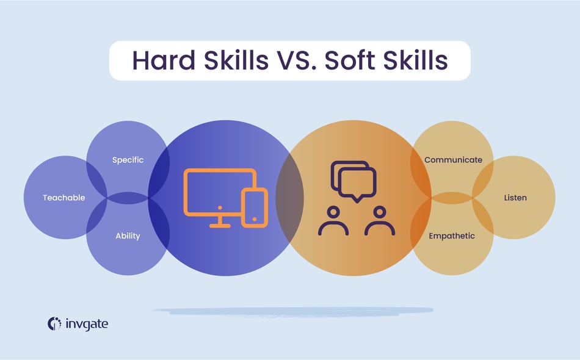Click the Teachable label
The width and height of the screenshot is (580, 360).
click(64, 198)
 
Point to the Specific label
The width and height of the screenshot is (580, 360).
click(128, 160)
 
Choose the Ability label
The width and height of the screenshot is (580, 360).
click(128, 236)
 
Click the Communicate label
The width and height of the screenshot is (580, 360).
click(453, 160)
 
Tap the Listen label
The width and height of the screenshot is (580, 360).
click(515, 198)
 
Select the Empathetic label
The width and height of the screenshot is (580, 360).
click(451, 236)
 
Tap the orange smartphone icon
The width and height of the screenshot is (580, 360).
click(255, 207)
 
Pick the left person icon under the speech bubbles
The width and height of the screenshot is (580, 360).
click(333, 221)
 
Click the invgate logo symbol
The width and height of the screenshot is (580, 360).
click(54, 323)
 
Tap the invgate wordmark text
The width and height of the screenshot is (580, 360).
click(87, 324)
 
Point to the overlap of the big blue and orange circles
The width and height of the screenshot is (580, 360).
click(289, 198)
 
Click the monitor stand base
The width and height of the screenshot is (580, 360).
click(220, 226)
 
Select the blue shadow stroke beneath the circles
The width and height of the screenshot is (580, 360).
click(293, 311)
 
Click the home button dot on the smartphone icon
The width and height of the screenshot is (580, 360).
click(255, 218)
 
